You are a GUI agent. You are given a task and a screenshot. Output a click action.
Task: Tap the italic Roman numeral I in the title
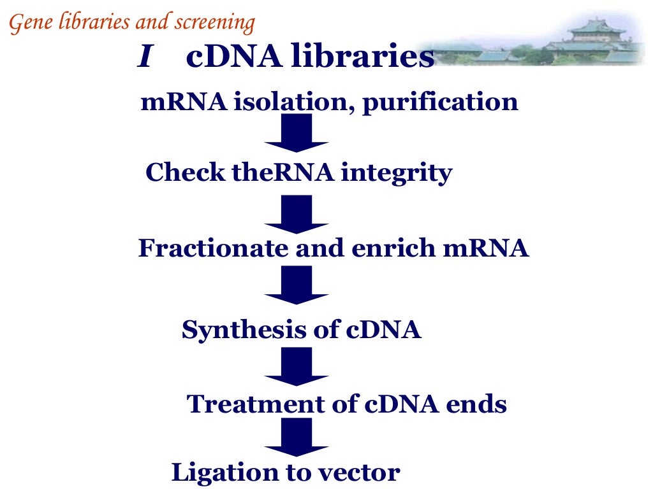coord(145,58)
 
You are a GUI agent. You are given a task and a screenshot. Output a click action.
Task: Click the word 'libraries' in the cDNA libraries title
coord(363,57)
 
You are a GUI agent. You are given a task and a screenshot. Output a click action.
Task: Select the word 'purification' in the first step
coord(440,102)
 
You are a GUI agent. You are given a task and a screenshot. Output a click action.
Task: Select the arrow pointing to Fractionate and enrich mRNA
coord(297,214)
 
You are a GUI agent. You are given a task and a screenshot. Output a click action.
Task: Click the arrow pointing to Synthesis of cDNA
coord(297,285)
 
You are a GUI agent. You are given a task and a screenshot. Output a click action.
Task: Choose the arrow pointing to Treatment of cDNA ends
coord(297,366)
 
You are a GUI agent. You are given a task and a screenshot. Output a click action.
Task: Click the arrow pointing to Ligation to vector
coord(297,437)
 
